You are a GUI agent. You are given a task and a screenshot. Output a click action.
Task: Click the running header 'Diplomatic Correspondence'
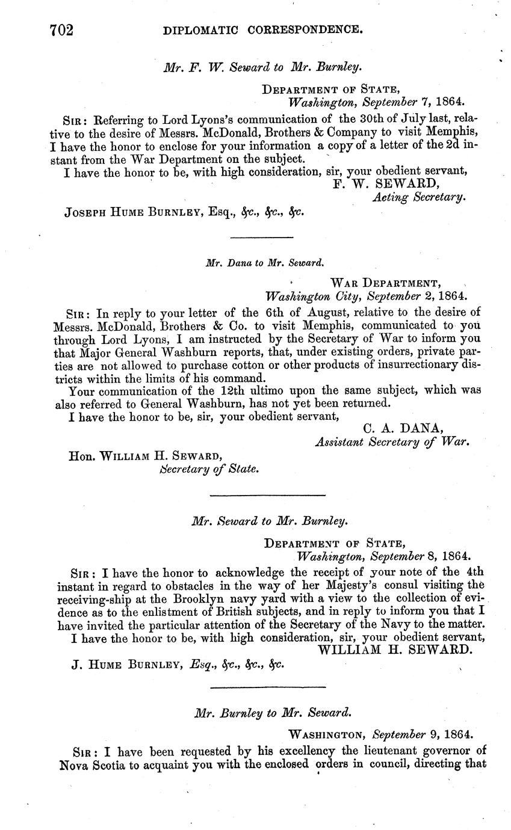tap(263, 28)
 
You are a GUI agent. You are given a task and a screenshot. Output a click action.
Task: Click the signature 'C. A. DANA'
tap(404, 428)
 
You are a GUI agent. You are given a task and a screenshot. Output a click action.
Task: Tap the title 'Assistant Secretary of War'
tap(392, 441)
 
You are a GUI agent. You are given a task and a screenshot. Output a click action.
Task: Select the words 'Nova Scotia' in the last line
tap(91, 765)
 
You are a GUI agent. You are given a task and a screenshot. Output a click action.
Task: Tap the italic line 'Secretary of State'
tap(209, 469)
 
